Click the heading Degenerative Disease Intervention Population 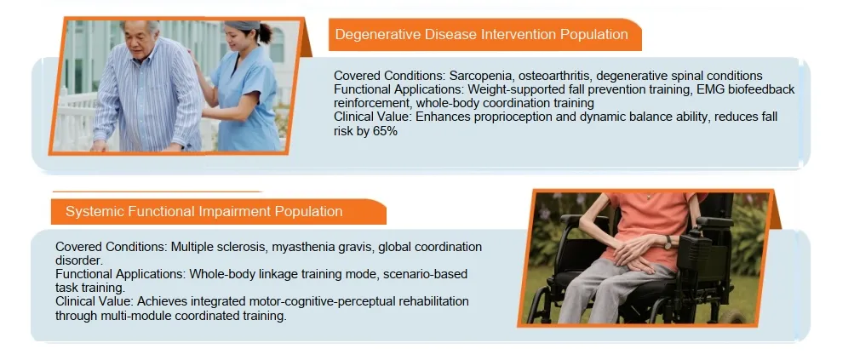point(481,35)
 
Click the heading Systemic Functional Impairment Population point(204,211)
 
